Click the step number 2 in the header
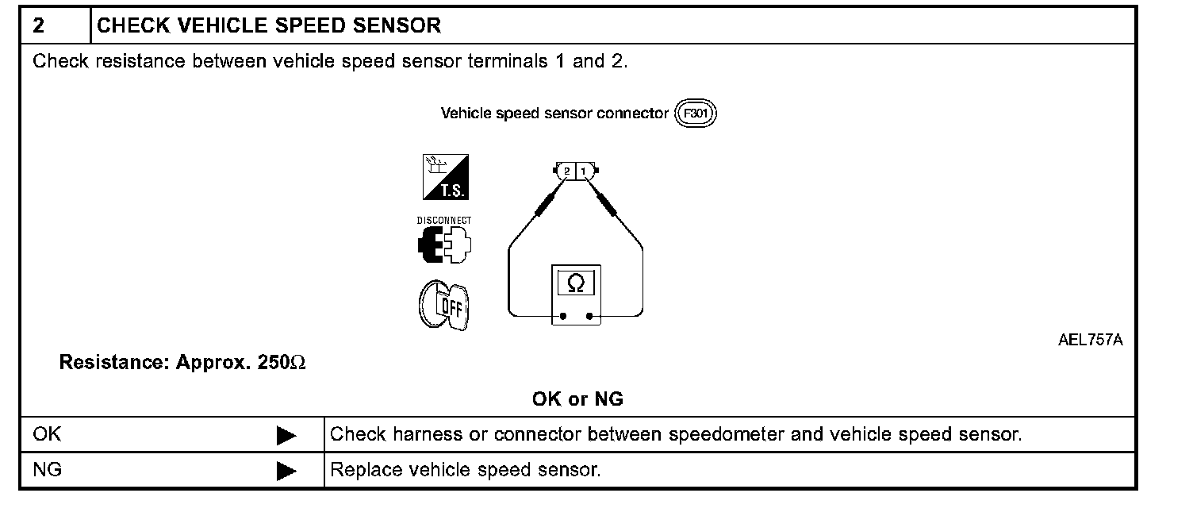click(x=39, y=25)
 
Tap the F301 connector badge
click(x=695, y=114)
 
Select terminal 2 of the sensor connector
click(x=566, y=171)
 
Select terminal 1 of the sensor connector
click(x=584, y=171)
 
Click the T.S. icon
click(x=445, y=177)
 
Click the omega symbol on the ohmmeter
click(x=577, y=283)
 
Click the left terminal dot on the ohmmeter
click(x=563, y=316)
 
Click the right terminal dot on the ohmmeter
click(x=589, y=316)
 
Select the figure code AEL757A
click(x=1090, y=341)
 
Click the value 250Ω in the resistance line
click(x=282, y=363)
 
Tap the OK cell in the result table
click(x=48, y=434)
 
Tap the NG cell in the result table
click(x=48, y=470)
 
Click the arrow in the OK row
click(x=286, y=435)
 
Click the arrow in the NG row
click(x=286, y=471)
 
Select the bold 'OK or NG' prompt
click(x=577, y=399)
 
